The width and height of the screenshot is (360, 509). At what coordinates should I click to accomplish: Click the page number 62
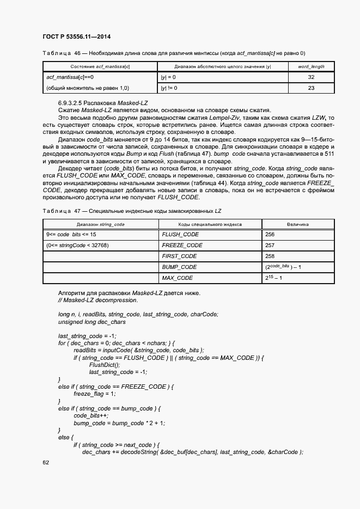[46, 462]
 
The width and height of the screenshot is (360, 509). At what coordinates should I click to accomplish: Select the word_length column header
[311, 66]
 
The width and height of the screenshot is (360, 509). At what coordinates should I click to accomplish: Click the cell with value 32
[311, 77]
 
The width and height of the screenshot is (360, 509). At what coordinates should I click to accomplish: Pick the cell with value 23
[311, 88]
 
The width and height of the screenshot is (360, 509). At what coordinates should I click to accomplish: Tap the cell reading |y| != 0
[168, 88]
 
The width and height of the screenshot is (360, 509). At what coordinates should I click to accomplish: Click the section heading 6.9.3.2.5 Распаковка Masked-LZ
[103, 103]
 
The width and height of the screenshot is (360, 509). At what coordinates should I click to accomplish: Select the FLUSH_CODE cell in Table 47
[180, 234]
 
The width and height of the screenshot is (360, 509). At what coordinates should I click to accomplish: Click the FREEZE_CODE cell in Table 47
[182, 245]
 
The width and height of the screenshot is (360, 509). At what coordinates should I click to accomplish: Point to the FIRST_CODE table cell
[179, 256]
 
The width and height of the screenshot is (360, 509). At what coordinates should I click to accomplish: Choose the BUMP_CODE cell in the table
[179, 267]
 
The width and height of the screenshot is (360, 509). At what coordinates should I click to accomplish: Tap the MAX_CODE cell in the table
[178, 278]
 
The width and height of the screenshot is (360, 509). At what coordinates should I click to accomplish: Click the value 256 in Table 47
[270, 234]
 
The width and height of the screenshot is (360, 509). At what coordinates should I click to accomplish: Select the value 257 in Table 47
[270, 245]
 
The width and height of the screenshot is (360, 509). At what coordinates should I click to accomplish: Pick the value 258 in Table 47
[270, 256]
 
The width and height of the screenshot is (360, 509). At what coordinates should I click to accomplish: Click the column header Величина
[298, 224]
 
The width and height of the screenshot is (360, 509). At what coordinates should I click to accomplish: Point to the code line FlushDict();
[105, 365]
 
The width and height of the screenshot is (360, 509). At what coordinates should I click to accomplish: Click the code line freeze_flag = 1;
[95, 394]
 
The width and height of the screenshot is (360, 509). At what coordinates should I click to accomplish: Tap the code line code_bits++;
[89, 415]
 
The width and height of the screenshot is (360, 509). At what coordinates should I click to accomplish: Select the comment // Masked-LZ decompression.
[97, 300]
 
